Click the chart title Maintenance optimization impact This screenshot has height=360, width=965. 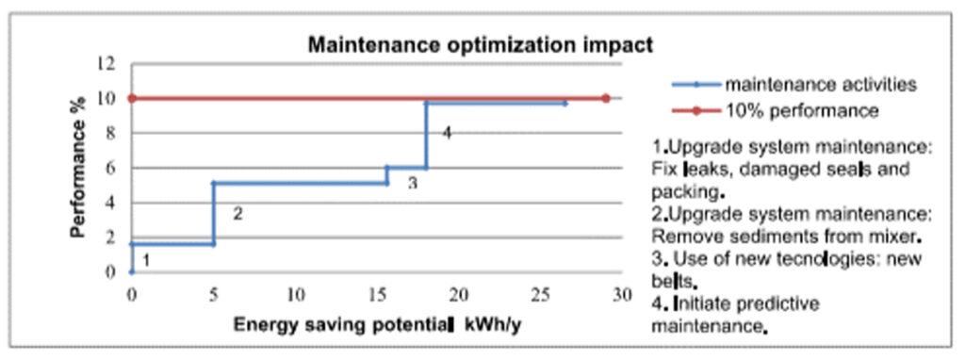tap(482, 44)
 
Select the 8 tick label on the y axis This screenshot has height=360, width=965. tap(110, 134)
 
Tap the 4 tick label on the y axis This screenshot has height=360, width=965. tap(110, 203)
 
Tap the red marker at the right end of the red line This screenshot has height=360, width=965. tap(605, 98)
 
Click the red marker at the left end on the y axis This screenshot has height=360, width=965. tap(132, 98)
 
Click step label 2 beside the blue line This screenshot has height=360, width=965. tap(237, 214)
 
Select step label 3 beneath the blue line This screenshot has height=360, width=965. tap(412, 183)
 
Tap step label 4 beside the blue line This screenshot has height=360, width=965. tap(447, 133)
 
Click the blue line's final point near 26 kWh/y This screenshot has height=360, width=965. tap(564, 103)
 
